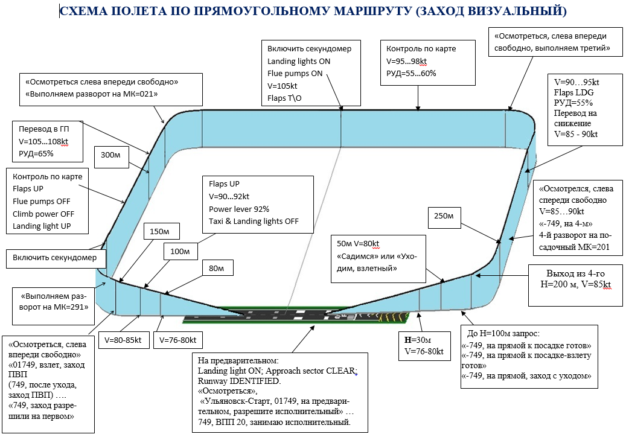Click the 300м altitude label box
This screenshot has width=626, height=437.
(112, 157)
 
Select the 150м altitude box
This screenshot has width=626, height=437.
(161, 231)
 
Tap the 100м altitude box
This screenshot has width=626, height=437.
(180, 252)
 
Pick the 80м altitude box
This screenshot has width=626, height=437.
(217, 269)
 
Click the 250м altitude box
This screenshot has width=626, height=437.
(444, 217)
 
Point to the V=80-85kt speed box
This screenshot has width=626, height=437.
(123, 340)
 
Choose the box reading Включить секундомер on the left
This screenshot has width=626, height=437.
(56, 258)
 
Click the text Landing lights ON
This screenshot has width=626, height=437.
(299, 62)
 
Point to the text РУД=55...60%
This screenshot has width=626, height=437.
(411, 74)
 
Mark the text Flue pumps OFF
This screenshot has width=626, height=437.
(41, 202)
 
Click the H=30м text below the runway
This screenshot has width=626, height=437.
(418, 340)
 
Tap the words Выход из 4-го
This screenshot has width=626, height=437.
(575, 274)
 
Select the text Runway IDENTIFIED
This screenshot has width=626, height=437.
(239, 381)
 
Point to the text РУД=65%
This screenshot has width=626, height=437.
(36, 154)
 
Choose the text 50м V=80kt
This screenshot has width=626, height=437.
(358, 244)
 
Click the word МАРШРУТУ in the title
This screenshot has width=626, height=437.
(372, 11)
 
